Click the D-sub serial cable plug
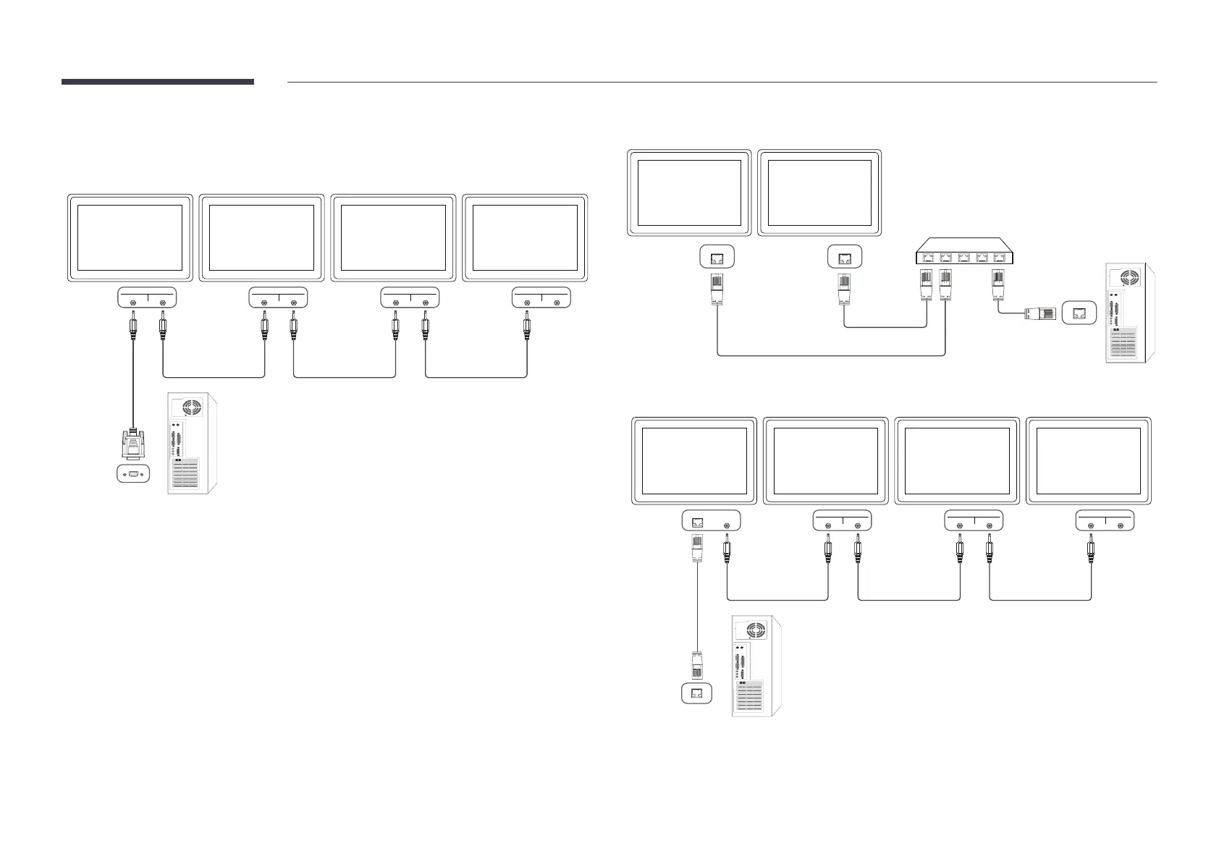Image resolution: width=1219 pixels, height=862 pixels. pos(132,444)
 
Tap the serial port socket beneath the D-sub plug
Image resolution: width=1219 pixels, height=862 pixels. pos(132,475)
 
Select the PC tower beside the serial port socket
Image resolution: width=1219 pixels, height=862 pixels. pos(192,444)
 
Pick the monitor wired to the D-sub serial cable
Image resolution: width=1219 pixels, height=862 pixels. pos(130,237)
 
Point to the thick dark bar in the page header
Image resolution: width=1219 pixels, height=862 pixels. pos(157,82)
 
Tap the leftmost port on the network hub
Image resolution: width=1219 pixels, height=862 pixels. pos(926,256)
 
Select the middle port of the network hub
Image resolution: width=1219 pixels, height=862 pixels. pos(963,256)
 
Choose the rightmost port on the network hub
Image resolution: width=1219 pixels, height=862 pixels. pos(1001,256)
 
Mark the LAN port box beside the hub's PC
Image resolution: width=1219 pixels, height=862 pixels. pos(1080,313)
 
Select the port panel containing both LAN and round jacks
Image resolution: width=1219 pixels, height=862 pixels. pos(711,521)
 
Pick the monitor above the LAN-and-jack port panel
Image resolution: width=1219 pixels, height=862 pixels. pos(694,460)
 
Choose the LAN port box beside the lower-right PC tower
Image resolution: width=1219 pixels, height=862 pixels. pos(697,693)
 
